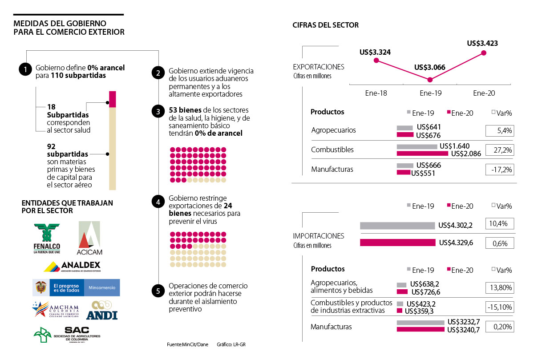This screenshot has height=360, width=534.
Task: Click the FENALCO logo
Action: pyautogui.click(x=47, y=238)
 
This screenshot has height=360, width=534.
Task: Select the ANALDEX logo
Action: pyautogui.click(x=73, y=266)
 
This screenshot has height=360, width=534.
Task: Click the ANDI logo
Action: pyautogui.click(x=102, y=311)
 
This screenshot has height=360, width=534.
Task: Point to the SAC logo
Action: pyautogui.click(x=67, y=334)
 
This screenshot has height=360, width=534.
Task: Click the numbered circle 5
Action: pyautogui.click(x=158, y=291)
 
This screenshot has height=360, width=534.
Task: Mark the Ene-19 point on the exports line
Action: pyautogui.click(x=430, y=80)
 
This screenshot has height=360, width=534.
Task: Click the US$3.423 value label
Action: pyautogui.click(x=482, y=44)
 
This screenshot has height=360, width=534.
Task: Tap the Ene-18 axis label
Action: pyautogui.click(x=376, y=93)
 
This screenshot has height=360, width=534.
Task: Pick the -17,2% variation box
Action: pyautogui.click(x=499, y=169)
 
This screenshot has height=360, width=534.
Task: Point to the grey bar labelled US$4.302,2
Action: pyautogui.click(x=397, y=226)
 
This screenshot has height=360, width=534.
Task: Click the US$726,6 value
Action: pyautogui.click(x=426, y=292)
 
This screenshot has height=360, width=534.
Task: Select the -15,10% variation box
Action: pyautogui.click(x=499, y=307)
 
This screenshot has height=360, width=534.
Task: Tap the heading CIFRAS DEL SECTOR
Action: pyautogui.click(x=325, y=25)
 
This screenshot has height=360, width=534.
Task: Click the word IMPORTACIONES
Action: pyautogui.click(x=319, y=236)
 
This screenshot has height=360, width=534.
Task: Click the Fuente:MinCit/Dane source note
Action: pyautogui.click(x=187, y=345)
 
